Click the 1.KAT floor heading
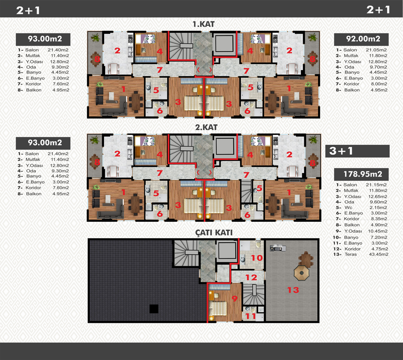point(204,24)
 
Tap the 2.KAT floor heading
point(206,127)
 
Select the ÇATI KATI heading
point(214,233)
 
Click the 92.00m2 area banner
point(361,39)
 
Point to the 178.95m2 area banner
point(361,174)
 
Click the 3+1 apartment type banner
point(357,151)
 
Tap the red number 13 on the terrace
point(293,290)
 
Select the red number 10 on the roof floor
point(257,258)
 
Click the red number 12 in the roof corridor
point(251,277)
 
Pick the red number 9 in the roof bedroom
point(235,299)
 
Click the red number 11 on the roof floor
point(251,316)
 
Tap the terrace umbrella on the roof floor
point(301,273)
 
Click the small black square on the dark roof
point(154,309)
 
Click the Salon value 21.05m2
point(376,50)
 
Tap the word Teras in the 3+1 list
point(351,254)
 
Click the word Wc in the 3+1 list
point(348,208)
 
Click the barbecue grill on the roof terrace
point(278,248)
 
